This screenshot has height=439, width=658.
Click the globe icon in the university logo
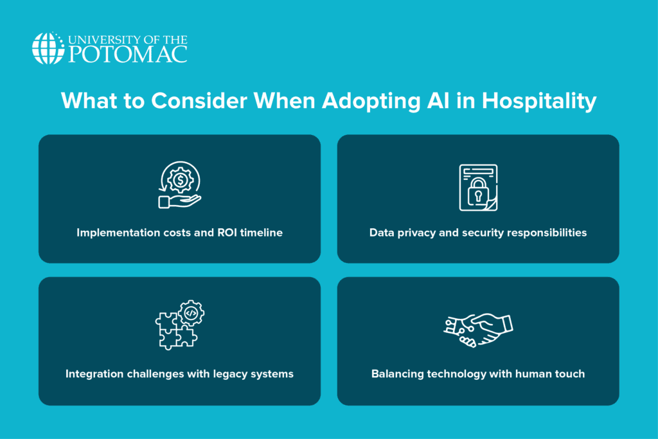[48, 48]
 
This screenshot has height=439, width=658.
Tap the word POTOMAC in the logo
[128, 55]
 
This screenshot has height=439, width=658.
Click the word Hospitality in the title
[539, 102]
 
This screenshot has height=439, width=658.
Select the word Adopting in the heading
[371, 102]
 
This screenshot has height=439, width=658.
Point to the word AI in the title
[438, 101]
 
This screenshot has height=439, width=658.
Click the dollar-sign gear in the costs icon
[181, 181]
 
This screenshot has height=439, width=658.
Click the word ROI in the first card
[227, 233]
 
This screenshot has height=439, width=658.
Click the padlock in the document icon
[478, 192]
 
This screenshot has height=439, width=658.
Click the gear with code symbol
[191, 312]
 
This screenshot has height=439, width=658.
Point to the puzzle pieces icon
[176, 332]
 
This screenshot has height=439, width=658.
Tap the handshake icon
[478, 330]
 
